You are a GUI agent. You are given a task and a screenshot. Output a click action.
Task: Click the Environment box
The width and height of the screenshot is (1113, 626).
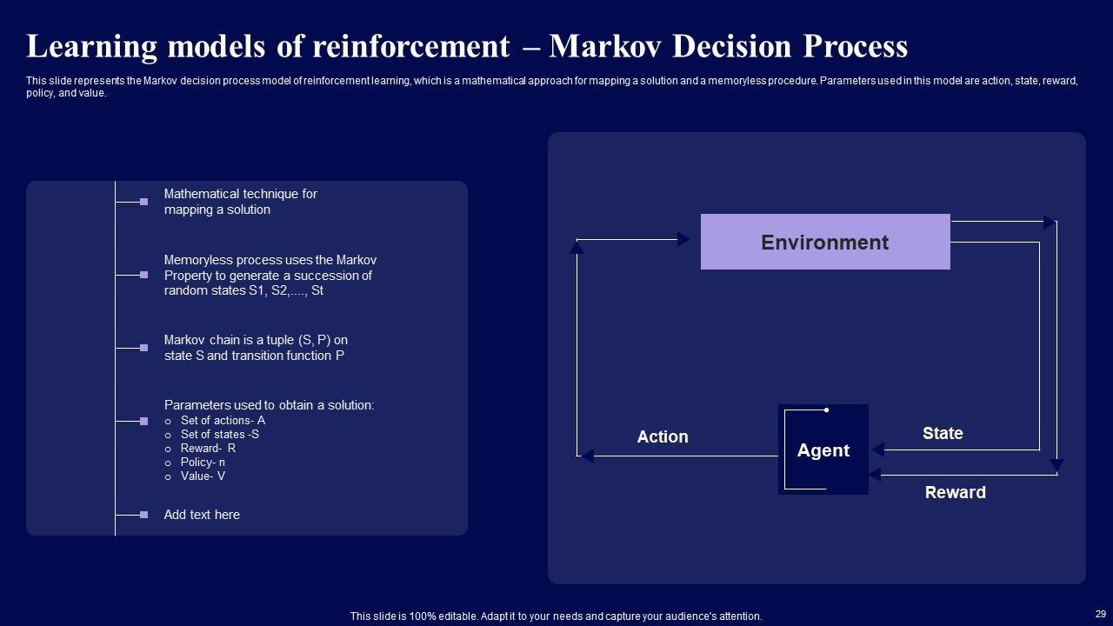click(824, 242)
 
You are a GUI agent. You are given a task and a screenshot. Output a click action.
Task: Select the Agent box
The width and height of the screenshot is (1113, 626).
click(823, 450)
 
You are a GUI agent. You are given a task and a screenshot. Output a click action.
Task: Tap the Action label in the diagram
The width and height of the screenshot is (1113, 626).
click(663, 436)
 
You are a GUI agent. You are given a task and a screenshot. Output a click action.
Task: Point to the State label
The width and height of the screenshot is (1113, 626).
click(943, 433)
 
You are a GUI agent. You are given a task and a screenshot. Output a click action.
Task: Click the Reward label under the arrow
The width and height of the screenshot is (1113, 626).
click(955, 492)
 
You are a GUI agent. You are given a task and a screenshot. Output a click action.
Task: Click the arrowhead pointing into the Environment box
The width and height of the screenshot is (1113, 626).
click(683, 239)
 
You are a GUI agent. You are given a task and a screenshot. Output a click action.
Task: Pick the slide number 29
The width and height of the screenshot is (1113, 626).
click(1100, 614)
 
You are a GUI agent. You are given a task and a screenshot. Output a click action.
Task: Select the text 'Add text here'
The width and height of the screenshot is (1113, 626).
click(202, 515)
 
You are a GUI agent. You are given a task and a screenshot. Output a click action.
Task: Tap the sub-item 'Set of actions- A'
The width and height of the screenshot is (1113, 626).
click(223, 420)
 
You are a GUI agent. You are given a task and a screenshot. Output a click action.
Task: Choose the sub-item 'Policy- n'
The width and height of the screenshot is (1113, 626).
click(203, 462)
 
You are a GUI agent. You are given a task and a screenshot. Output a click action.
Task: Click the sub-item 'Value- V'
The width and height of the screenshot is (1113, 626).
click(203, 476)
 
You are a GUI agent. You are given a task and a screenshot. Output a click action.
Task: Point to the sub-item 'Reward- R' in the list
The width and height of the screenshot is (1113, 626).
click(208, 448)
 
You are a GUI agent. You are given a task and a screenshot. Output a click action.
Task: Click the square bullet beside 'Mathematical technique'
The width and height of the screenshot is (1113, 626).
click(143, 202)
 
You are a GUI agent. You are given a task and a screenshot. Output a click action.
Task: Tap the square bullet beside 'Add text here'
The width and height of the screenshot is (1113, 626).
click(143, 515)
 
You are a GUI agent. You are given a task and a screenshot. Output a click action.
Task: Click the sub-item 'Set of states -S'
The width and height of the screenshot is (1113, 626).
click(220, 434)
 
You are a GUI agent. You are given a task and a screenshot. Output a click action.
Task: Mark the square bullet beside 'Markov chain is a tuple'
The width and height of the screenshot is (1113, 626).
click(143, 348)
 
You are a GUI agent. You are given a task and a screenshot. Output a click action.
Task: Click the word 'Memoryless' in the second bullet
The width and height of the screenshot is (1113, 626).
click(196, 260)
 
